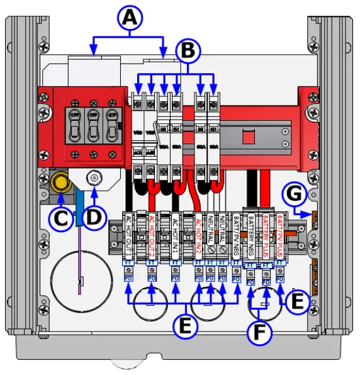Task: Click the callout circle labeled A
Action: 129,20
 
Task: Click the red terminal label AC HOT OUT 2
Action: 151,234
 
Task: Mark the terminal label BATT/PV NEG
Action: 235,236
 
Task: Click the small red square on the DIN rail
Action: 247,135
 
